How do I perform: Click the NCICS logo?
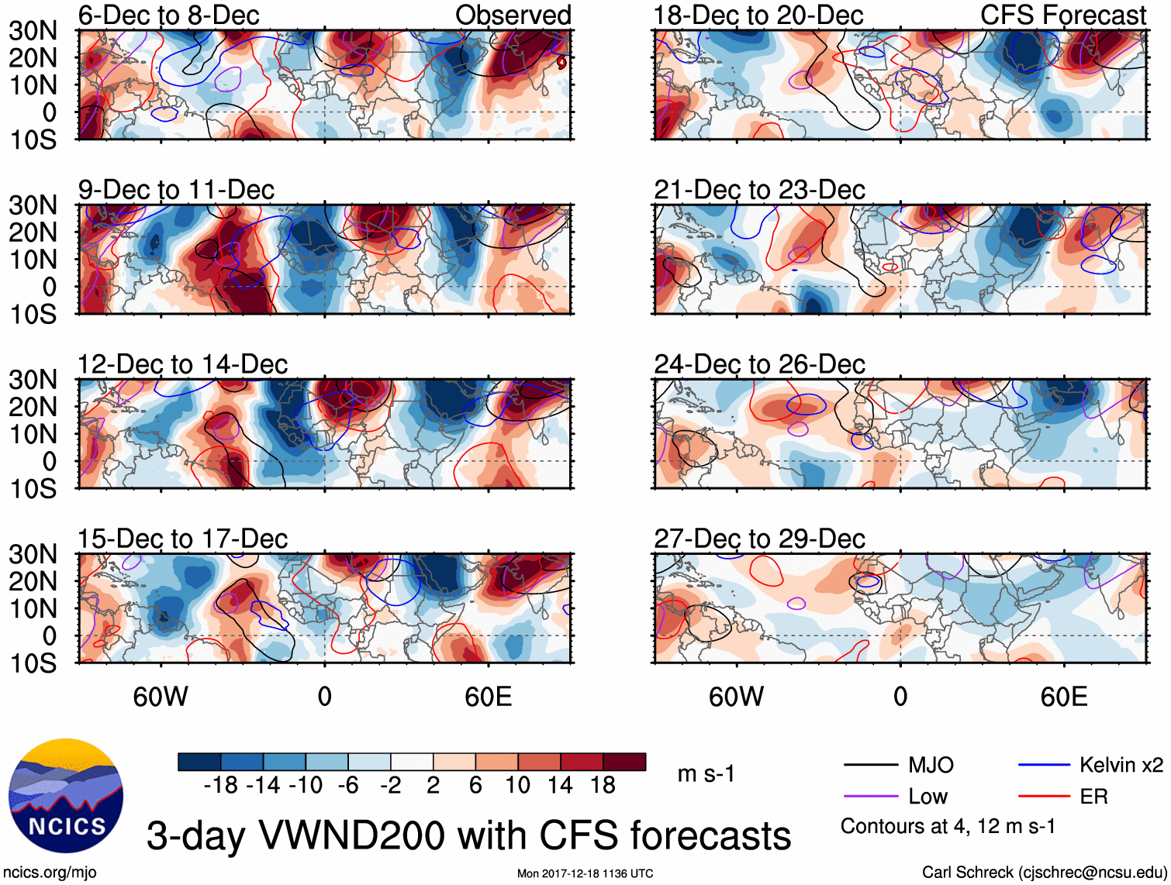pos(66,796)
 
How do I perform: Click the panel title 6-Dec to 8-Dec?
pos(168,15)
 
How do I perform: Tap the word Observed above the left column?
pos(513,15)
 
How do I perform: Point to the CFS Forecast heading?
pos(1062,15)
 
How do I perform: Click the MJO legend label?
pos(931,766)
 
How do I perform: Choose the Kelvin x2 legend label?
pos(1121,766)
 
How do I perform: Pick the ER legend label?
pos(1093,797)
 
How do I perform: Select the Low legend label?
pos(927,797)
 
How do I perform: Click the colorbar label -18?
pos(220,786)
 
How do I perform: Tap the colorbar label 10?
pos(517,786)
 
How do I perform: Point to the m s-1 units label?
pos(706,774)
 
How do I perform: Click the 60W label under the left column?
pos(161,697)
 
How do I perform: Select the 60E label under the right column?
pos(1063,697)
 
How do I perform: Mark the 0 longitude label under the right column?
pos(900,697)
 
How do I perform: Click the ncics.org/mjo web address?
pos(50,873)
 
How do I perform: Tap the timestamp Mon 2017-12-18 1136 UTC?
pos(585,873)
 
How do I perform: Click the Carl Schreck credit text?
pos(1044,873)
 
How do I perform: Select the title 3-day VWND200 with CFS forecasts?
pos(468,835)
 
